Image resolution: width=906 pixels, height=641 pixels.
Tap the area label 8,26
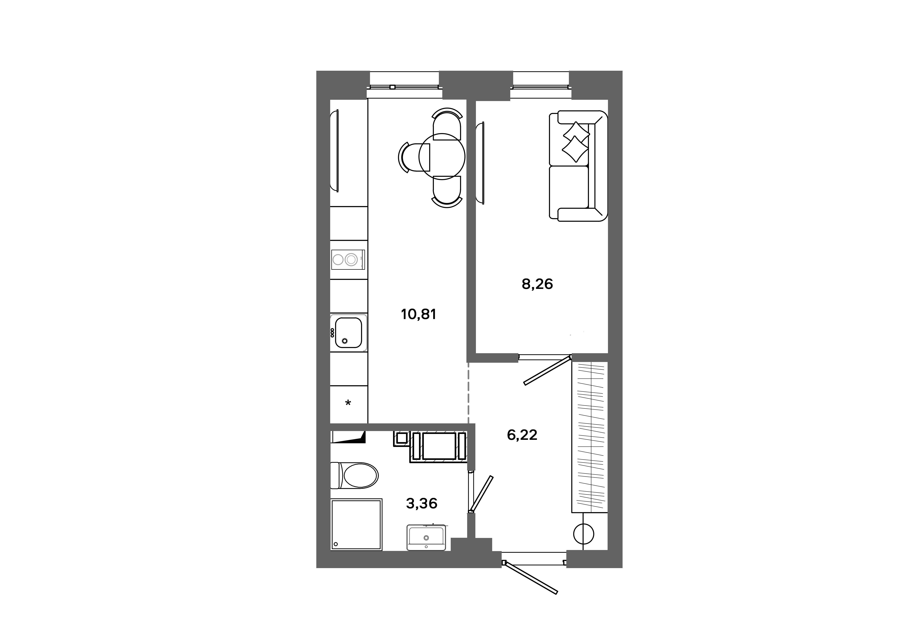click(x=537, y=284)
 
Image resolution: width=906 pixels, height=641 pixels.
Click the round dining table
click(x=442, y=156)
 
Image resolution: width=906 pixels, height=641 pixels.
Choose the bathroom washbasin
click(x=426, y=538)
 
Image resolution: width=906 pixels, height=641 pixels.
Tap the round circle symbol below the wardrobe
click(x=583, y=534)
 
